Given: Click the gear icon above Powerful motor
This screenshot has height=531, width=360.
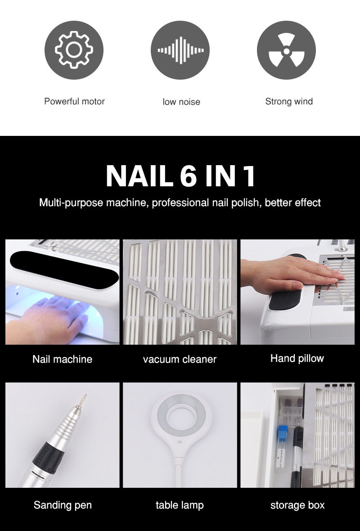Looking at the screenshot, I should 74,49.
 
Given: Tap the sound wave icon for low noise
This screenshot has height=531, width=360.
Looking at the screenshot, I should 180,49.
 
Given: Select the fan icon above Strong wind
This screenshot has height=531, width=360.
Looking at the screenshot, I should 286,49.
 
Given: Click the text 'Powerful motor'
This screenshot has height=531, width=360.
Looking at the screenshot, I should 74,101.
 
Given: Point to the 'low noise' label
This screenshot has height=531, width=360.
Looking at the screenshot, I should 181,102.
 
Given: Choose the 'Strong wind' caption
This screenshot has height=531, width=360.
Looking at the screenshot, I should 289,101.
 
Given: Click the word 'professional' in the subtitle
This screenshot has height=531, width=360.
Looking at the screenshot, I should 180,203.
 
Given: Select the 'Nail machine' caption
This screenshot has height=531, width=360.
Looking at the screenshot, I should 62,359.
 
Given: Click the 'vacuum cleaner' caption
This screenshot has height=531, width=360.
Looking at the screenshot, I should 180,359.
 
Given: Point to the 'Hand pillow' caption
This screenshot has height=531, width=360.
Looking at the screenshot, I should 297,358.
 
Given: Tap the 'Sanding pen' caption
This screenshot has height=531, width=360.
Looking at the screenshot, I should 63,505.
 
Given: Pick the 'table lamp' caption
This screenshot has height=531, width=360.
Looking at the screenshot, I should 180,505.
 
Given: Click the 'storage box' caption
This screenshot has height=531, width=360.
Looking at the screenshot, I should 297,505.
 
